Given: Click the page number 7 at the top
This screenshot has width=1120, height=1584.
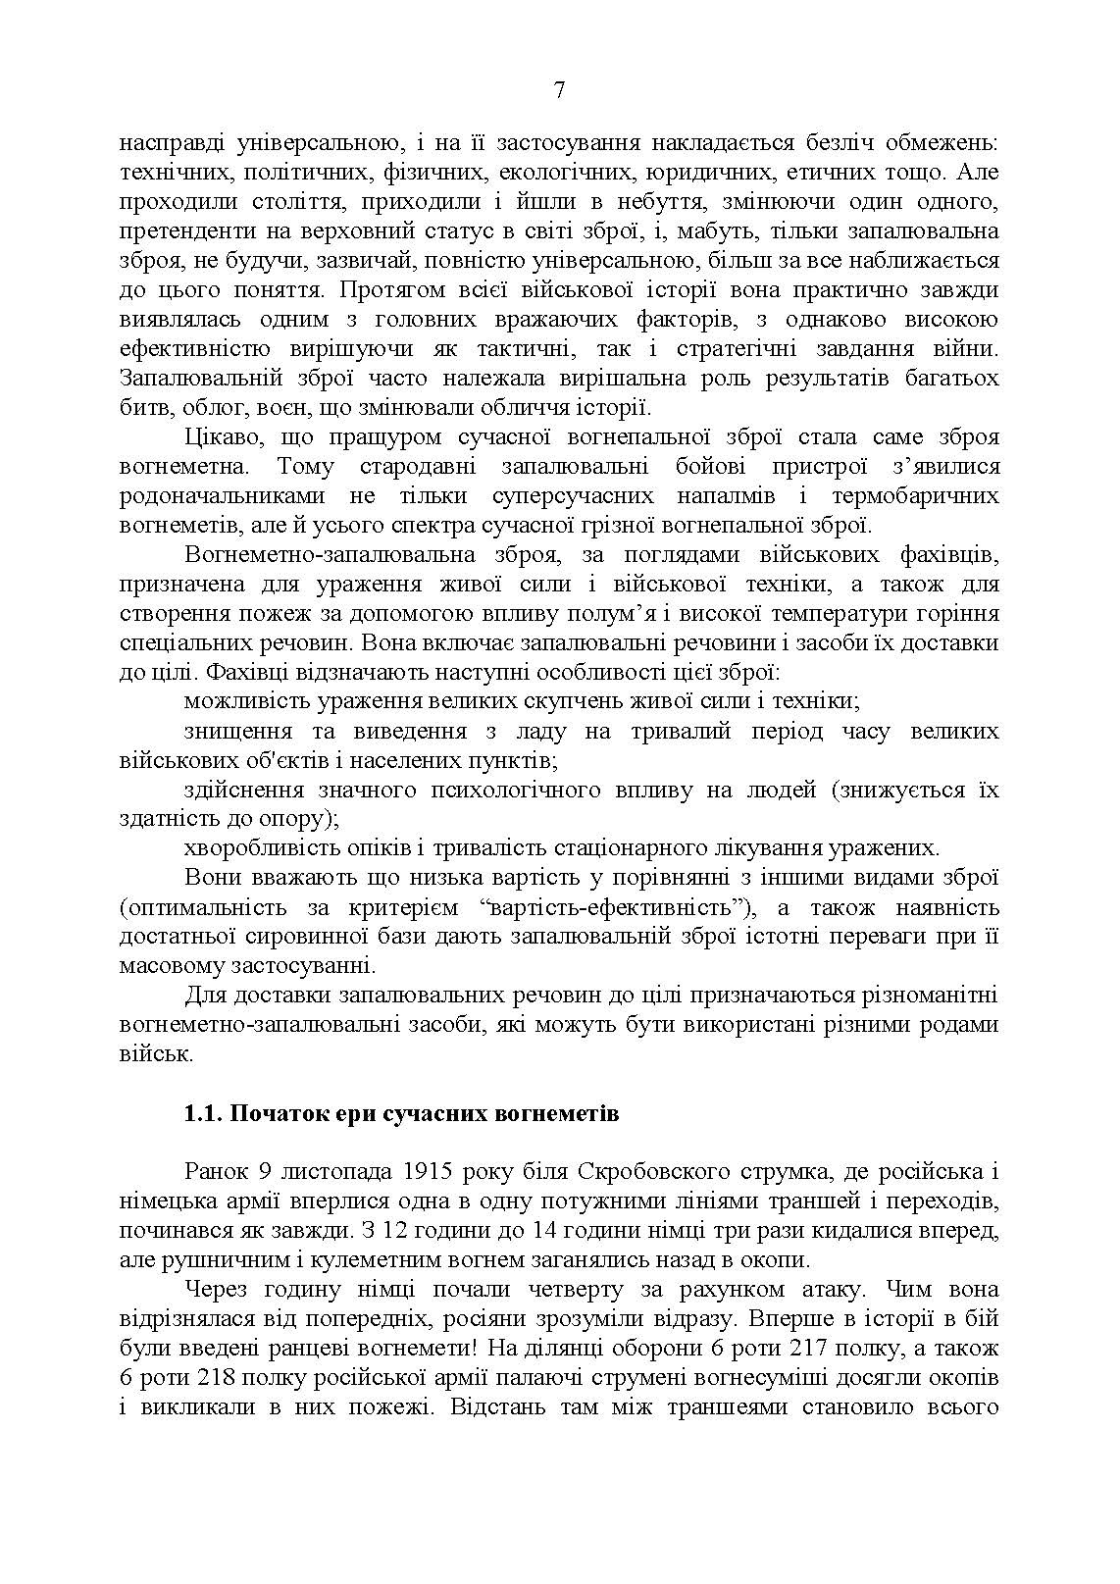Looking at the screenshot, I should (x=559, y=91).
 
